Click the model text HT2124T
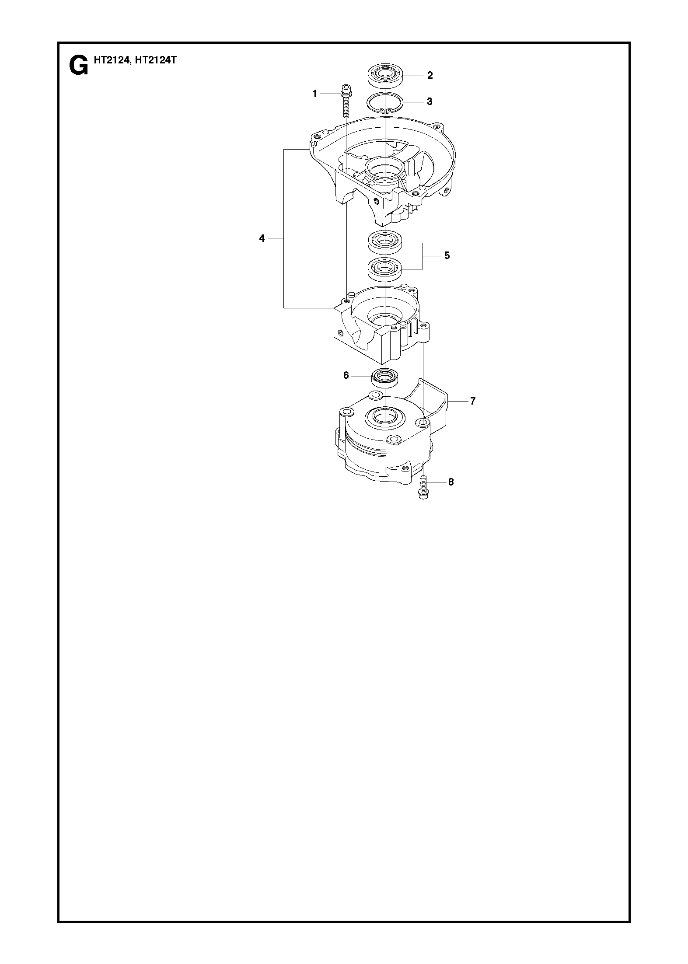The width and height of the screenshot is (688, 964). click(x=156, y=60)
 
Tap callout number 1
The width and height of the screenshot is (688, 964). click(x=314, y=94)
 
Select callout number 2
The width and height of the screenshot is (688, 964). click(x=430, y=75)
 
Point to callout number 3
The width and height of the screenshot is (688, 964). click(x=430, y=101)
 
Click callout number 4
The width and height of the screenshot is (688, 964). click(x=262, y=238)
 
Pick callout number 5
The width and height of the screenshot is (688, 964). click(x=447, y=255)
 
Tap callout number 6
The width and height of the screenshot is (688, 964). click(x=346, y=375)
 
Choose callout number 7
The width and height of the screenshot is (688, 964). click(x=473, y=401)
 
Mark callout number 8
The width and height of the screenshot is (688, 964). click(x=451, y=482)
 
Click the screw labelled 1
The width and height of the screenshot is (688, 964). click(x=346, y=101)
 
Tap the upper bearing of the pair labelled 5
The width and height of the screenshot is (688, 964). click(x=385, y=242)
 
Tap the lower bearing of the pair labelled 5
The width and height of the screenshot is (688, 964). click(x=385, y=268)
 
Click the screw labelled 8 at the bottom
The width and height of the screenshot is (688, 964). click(x=423, y=488)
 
